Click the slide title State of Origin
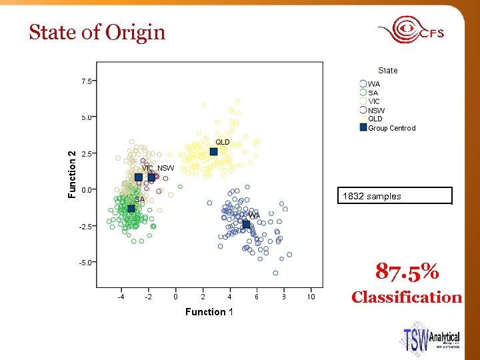pos(97,32)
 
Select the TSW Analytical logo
pos(431,339)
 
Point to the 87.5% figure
pos(407,271)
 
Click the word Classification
pos(407,297)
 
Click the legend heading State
pos(387,70)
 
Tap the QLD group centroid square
pos(214,152)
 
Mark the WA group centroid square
pos(246,225)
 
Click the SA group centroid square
pos(131,209)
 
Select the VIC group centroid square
pos(139,178)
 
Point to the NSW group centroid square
pos(151,177)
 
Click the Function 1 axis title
pos(209,312)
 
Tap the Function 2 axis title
pos(73,173)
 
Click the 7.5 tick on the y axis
pos(87,81)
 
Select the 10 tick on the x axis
pos(311,297)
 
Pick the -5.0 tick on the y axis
pos(86,262)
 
